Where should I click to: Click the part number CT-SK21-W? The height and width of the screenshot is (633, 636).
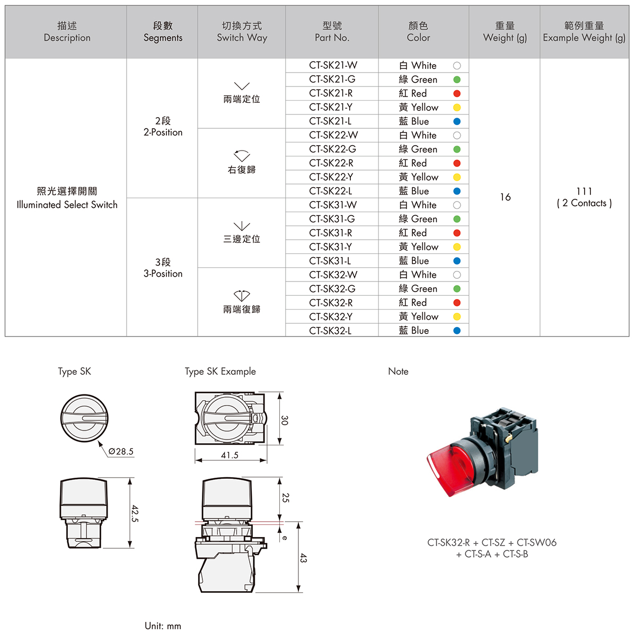[x=333, y=65]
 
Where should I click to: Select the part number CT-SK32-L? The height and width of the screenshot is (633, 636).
[x=330, y=330]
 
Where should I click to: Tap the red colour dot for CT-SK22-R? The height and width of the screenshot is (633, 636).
[x=457, y=163]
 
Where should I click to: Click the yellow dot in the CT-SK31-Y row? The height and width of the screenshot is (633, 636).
[x=457, y=247]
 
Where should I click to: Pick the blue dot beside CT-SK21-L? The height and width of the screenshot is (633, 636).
[x=457, y=121]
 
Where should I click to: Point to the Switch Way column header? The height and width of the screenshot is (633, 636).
[x=242, y=32]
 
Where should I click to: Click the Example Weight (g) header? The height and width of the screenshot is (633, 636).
[x=584, y=32]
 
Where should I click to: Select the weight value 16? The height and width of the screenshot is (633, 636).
[x=505, y=197]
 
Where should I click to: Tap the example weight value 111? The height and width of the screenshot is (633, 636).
[x=584, y=191]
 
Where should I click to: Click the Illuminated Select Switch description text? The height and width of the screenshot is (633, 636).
[x=67, y=205]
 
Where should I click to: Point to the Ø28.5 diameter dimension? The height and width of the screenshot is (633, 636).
[x=121, y=452]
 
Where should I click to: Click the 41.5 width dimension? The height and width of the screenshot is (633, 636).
[x=229, y=455]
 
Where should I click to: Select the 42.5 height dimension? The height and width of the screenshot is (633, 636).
[x=135, y=513]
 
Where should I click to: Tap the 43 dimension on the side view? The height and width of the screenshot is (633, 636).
[x=303, y=558]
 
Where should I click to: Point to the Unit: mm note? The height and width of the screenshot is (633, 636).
[x=163, y=626]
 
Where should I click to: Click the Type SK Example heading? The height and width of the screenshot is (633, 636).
[x=220, y=372]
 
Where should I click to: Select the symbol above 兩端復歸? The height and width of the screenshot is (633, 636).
[x=242, y=295]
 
